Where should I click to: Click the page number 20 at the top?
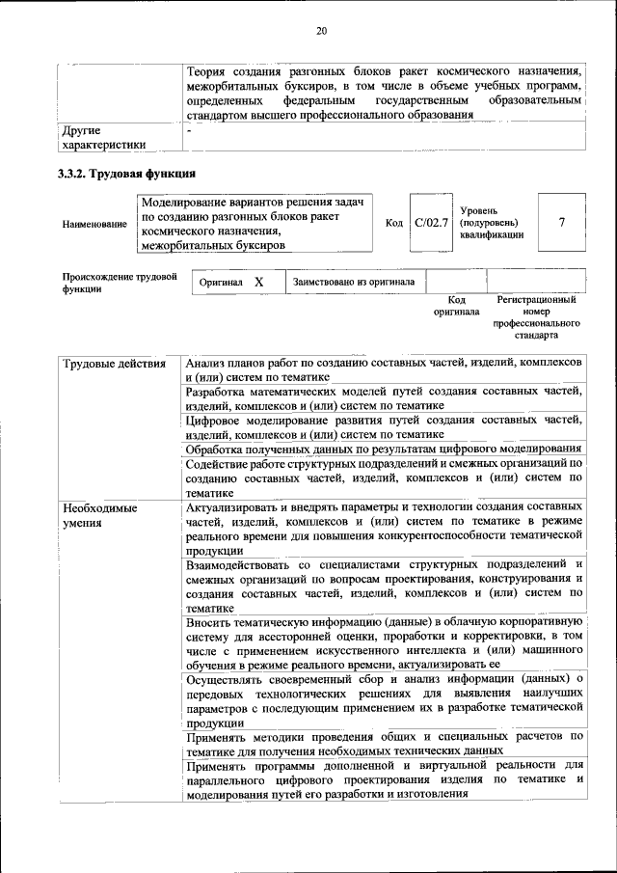322,32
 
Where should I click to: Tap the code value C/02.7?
431,223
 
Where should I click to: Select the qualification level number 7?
561,223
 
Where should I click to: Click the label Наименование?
94,224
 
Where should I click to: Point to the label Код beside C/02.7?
393,223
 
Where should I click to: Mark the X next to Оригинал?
258,283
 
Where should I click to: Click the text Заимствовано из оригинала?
354,283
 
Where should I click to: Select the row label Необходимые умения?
99,514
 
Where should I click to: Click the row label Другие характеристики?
103,137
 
